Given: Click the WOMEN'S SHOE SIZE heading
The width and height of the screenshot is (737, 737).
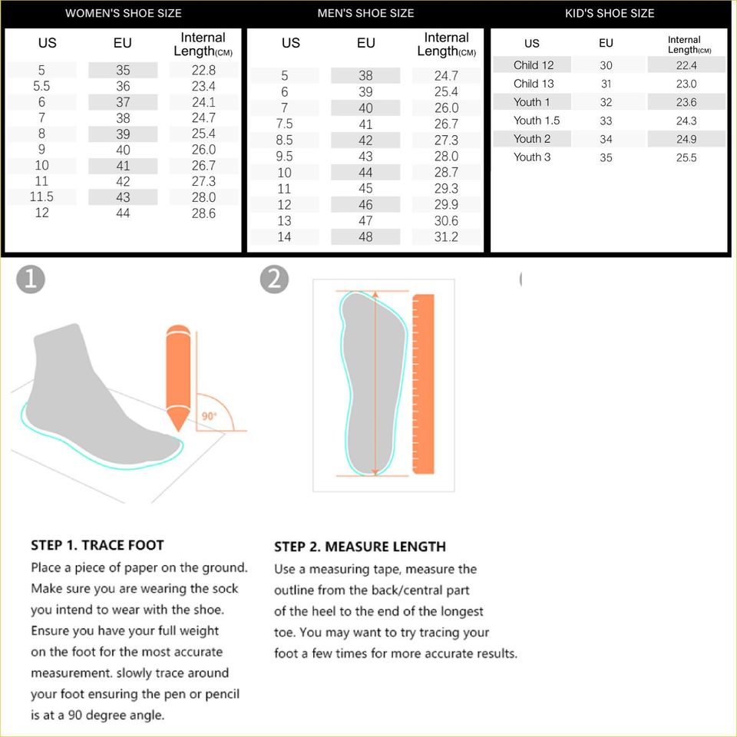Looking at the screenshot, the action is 123,13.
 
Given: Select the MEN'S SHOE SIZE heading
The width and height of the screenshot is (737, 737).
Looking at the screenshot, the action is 365,13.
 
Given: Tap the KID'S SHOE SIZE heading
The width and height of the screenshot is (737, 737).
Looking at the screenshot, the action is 610,13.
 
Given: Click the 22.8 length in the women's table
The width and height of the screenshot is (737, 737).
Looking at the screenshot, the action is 203,70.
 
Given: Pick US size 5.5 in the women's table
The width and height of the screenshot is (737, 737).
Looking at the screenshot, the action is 41,86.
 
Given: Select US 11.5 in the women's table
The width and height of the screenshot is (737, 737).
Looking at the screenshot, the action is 41,197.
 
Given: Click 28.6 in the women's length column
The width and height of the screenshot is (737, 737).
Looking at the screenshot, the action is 203,213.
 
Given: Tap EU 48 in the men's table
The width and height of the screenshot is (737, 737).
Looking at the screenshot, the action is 365,236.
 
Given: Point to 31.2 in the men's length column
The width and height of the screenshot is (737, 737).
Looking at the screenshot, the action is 446,236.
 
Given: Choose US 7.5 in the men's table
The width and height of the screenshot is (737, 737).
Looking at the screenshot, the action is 284,124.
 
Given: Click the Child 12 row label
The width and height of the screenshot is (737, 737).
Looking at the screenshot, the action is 534,64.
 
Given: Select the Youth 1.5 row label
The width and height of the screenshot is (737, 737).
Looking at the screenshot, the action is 537,121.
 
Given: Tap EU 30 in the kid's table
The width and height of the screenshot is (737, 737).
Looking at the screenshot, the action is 606,65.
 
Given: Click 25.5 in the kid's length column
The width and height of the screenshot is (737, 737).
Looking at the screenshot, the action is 686,157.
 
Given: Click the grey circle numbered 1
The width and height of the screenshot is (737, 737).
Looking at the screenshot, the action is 31,279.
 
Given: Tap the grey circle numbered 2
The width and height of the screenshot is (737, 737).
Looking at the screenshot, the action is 274,279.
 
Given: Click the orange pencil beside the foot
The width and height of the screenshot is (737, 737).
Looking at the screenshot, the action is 178,378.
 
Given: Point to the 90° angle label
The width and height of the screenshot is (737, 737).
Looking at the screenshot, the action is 209,416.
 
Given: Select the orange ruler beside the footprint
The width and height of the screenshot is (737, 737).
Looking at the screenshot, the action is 423,384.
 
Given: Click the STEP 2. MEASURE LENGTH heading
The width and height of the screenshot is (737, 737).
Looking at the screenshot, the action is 360,547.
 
